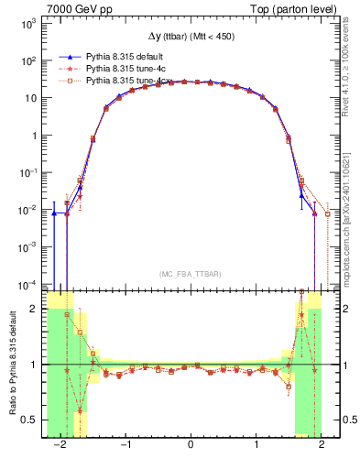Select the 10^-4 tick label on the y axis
click(x=28, y=283)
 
